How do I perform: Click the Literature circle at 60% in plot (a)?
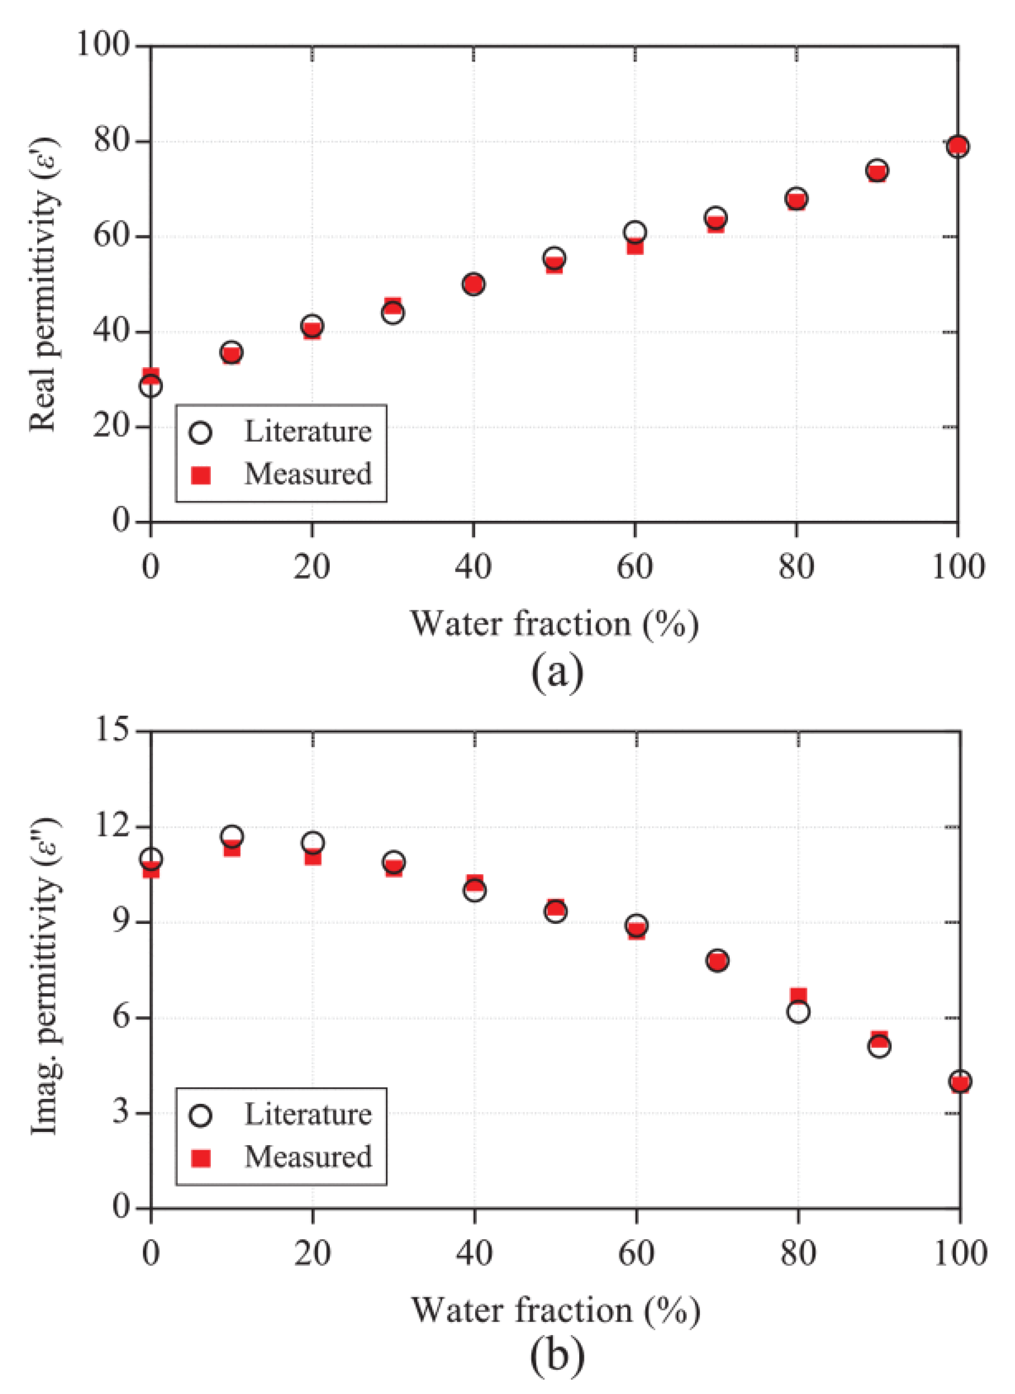635,232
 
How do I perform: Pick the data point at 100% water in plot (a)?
958,146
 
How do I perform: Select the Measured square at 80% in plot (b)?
798,996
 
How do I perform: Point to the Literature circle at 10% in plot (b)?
232,836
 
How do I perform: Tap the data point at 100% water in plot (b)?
960,1081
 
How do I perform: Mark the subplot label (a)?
556,673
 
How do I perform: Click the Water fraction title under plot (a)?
555,623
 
